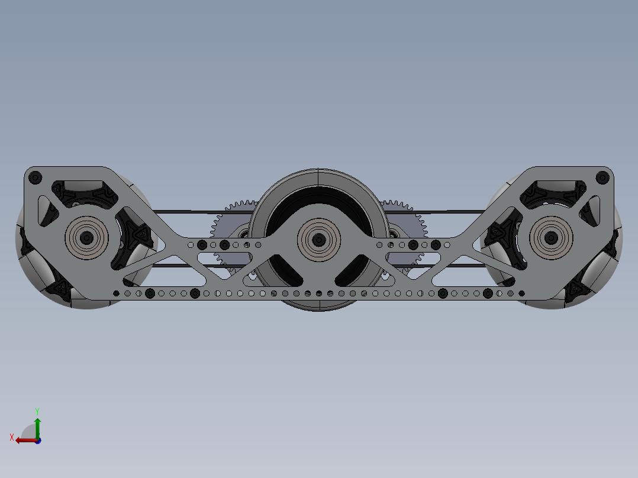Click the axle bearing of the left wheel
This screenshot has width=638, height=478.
coord(87,238)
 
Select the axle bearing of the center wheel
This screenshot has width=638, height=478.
coord(319,239)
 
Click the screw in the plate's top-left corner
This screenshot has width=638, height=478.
coord(35,177)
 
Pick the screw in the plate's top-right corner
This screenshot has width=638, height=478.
coord(602,177)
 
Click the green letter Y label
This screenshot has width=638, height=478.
coord(37,411)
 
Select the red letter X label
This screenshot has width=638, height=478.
coord(11,437)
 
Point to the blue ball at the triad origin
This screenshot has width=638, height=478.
coord(38,440)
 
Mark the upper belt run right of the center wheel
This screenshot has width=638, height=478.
coord(450,211)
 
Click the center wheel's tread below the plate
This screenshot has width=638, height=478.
coord(319,305)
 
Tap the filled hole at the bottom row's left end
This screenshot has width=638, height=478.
coord(116,293)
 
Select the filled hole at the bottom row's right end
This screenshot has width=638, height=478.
coord(521,293)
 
